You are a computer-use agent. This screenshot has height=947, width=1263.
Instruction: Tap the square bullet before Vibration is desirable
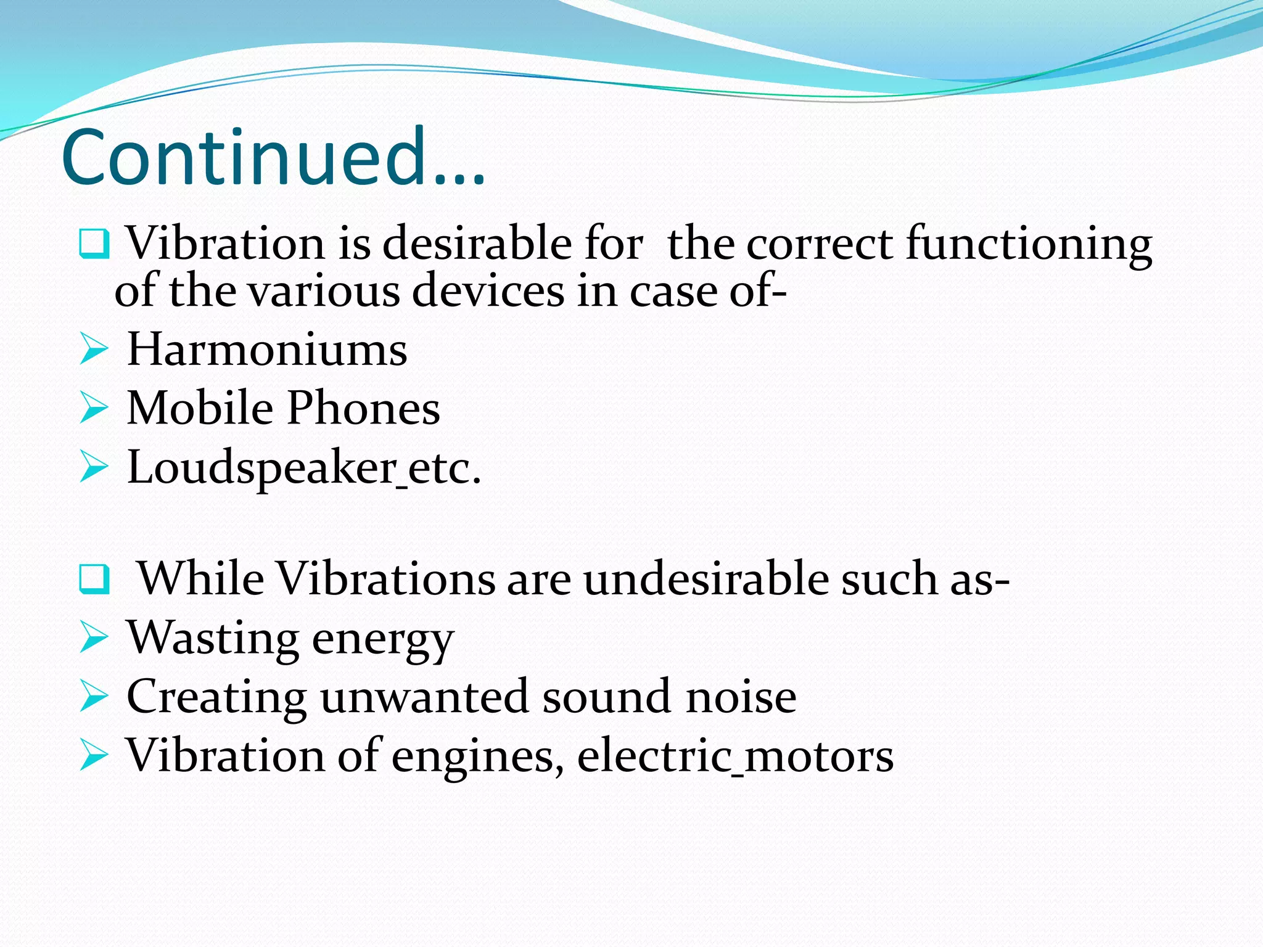click(94, 244)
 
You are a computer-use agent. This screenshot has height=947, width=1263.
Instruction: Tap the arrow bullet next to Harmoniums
click(94, 350)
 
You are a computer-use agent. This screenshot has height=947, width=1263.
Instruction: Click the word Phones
click(363, 408)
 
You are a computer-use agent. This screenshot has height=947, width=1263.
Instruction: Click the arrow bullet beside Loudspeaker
click(94, 467)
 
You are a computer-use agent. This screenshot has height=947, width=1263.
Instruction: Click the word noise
click(741, 697)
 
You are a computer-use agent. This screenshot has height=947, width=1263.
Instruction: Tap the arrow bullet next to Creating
click(94, 697)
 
